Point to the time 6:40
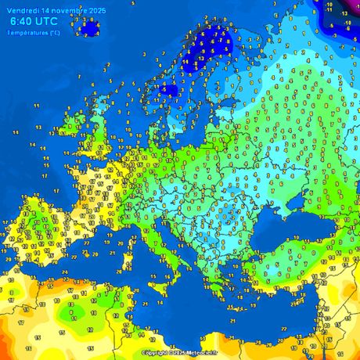click(x=21, y=22)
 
